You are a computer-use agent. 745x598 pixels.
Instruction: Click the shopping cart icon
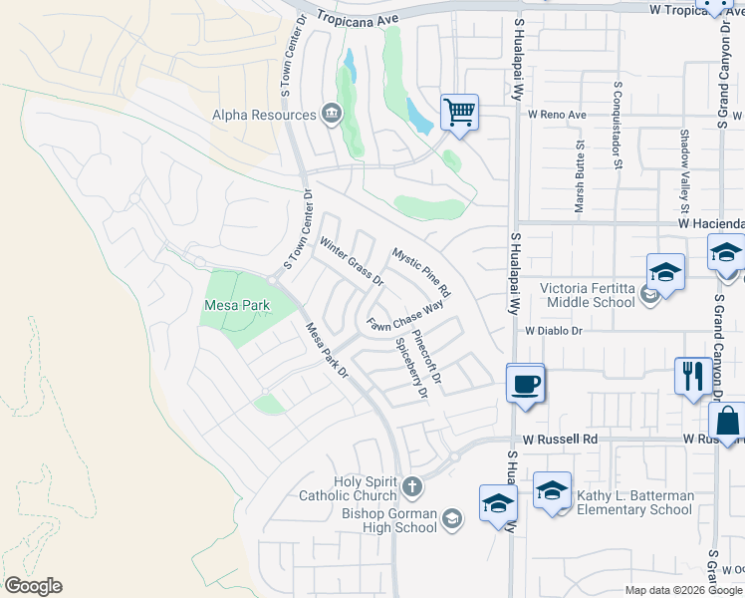point(459,112)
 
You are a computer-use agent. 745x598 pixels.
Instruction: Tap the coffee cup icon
point(525,382)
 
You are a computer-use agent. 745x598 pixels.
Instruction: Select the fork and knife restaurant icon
point(691,376)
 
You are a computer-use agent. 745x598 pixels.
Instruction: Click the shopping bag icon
point(727,423)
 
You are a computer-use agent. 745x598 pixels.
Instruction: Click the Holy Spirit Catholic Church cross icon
point(411,488)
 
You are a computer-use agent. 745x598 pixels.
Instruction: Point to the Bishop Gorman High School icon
point(452,518)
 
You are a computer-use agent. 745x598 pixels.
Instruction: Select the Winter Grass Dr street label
point(352,260)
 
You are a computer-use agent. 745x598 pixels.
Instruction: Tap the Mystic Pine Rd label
point(421,273)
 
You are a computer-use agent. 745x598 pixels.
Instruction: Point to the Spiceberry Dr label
point(411,367)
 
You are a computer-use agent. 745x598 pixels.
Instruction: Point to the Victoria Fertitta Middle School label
point(587,295)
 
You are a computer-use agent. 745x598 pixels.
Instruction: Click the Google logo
point(33,586)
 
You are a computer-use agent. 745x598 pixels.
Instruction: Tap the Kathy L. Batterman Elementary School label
point(631,502)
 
